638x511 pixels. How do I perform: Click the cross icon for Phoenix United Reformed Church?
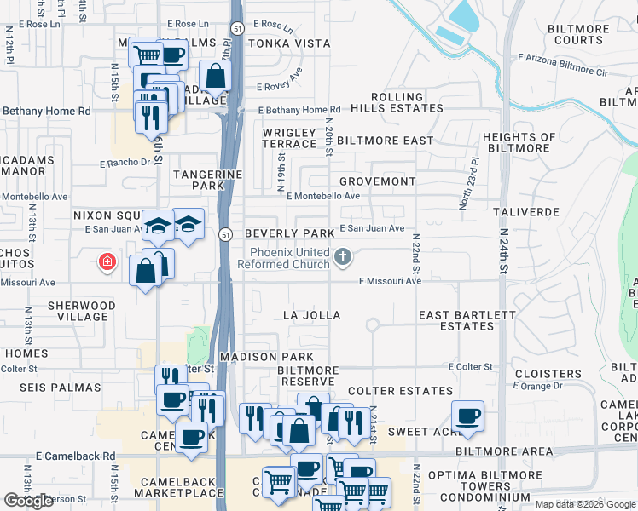coord(342,255)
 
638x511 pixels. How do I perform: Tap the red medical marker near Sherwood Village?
coord(107,262)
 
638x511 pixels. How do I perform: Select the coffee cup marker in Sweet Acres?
coord(467,416)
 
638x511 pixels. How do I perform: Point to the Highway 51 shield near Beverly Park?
coord(224,233)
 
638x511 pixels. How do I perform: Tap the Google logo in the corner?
coord(28,501)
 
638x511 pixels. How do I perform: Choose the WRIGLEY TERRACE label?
coord(290,139)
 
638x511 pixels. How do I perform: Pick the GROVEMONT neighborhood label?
coord(377,181)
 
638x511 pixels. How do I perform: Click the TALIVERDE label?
coord(526,210)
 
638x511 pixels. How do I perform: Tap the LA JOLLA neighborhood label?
coord(312,315)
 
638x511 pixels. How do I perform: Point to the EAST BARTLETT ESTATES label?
coord(467,320)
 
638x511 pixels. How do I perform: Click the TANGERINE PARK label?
coord(209,180)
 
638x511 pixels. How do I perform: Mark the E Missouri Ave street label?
coord(390,281)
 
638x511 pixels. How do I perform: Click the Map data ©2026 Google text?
coord(584,504)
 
